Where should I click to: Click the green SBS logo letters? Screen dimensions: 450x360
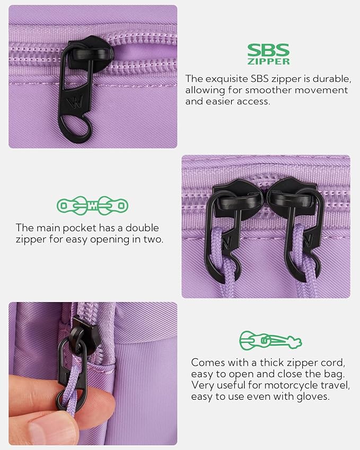(x=268, y=50)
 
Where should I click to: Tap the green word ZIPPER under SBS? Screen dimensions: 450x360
(x=268, y=61)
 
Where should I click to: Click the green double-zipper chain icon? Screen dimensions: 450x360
(x=93, y=205)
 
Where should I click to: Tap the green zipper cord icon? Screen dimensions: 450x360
(x=270, y=340)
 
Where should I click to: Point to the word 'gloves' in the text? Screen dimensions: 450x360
(x=313, y=396)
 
